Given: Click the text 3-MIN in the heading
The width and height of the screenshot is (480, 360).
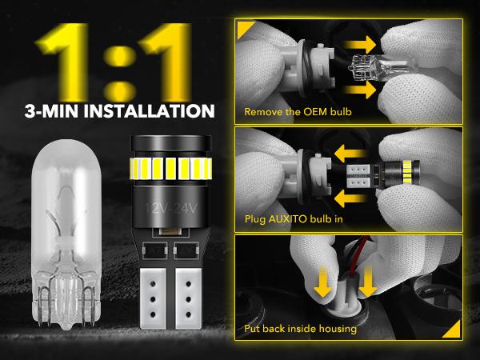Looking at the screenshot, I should [x=48, y=109].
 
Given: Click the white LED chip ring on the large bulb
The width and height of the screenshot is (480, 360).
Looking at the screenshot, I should [x=168, y=169].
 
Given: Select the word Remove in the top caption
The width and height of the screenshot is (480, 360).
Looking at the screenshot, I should [x=264, y=112].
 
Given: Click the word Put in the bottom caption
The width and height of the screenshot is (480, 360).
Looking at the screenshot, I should [x=253, y=329].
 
